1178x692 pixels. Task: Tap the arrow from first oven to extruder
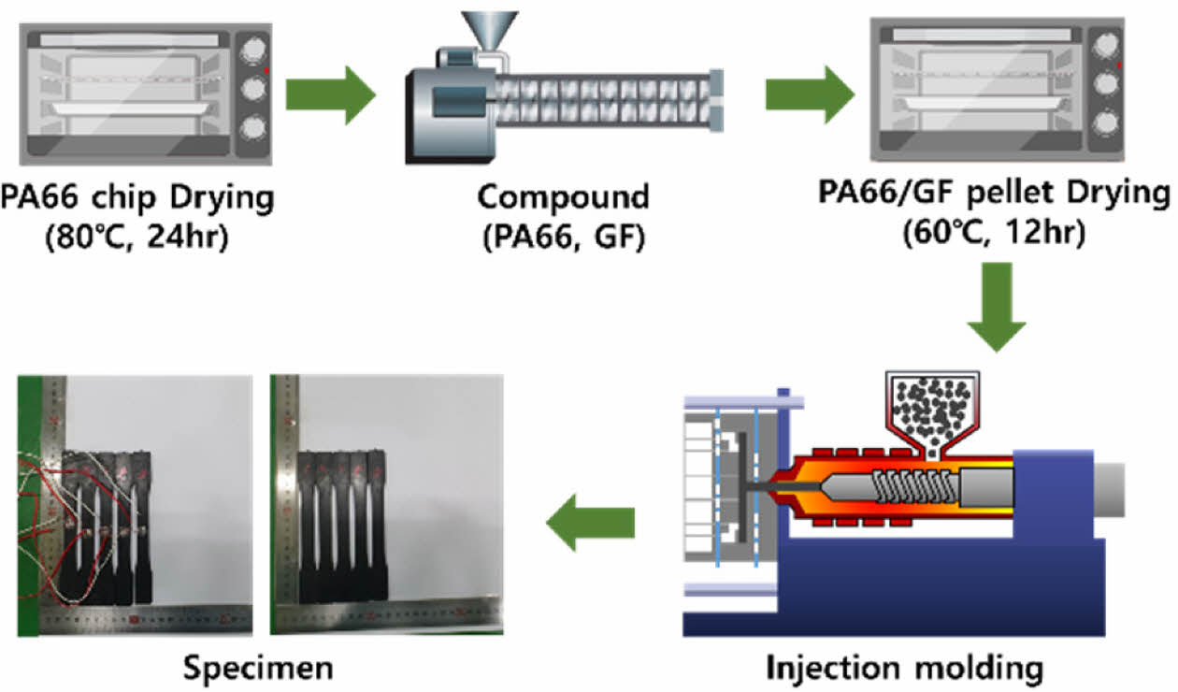tap(329, 94)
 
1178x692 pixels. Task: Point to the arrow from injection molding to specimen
tap(590, 523)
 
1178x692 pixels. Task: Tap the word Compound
tap(563, 197)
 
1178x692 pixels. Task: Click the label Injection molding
tap(903, 668)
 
